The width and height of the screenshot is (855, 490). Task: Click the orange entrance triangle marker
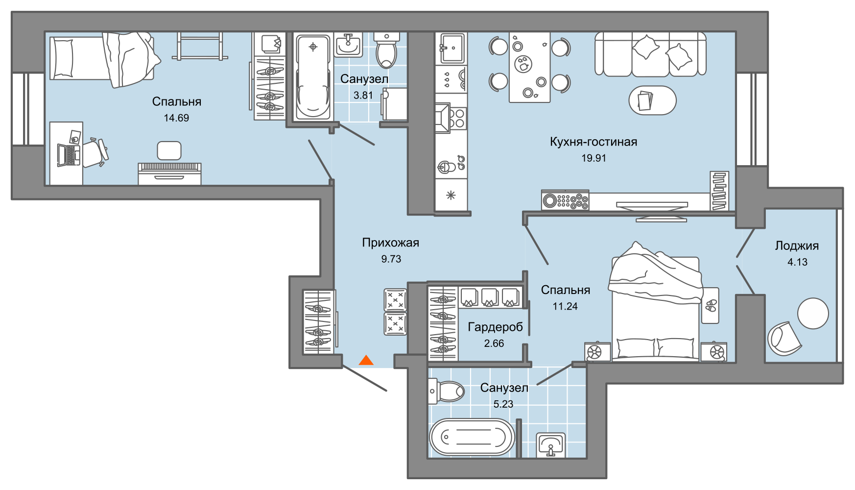point(366,361)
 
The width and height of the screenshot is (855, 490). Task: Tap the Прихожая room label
point(391,243)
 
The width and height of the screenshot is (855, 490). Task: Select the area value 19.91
point(594,158)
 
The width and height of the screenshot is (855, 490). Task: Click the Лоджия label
point(797,245)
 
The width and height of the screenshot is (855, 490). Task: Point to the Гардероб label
point(495,327)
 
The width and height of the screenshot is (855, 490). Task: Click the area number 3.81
point(363,95)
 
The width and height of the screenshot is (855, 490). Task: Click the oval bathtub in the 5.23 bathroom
point(472,437)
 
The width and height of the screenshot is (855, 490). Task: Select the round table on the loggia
point(813,314)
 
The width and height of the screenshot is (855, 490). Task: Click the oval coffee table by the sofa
point(652,100)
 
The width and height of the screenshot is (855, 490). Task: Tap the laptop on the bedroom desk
point(69,155)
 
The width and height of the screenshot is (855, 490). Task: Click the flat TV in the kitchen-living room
point(651,204)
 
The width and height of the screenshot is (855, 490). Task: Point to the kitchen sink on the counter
point(451,48)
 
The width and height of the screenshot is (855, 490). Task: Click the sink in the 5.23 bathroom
point(551,445)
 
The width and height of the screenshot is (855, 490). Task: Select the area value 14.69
point(176,118)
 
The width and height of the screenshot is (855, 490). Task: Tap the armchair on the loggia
point(783,338)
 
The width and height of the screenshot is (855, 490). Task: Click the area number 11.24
point(565,306)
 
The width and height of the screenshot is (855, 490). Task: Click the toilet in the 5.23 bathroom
point(447,391)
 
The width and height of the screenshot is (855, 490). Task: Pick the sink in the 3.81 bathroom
point(348,45)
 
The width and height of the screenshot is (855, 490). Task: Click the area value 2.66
point(494,343)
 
